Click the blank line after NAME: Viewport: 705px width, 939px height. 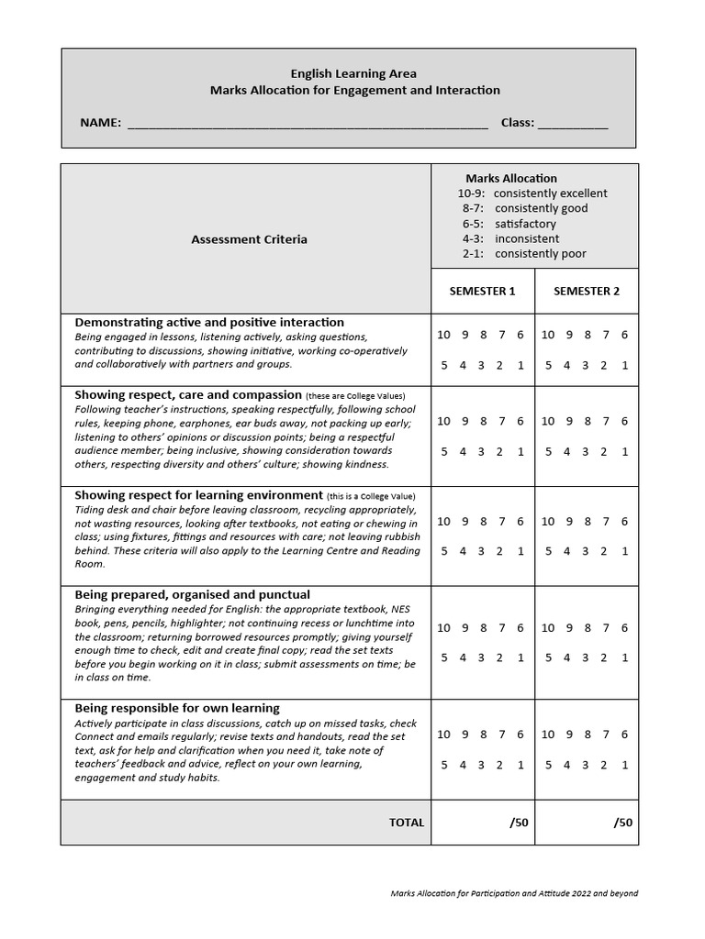point(308,124)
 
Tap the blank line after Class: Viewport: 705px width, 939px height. point(572,124)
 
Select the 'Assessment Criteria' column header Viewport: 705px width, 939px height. point(249,239)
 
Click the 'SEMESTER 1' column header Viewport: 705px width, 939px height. point(482,292)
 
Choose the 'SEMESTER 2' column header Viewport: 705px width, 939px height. point(586,292)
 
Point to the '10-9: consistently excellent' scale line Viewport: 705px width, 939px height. point(532,193)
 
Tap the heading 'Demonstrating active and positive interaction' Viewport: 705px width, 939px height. point(209,323)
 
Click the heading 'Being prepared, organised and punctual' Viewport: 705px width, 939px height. point(192,595)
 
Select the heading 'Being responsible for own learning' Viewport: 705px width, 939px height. point(177,709)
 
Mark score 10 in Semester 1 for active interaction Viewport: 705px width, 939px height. point(443,336)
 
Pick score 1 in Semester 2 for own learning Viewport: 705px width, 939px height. point(624,765)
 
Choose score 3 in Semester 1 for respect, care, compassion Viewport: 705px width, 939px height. point(482,452)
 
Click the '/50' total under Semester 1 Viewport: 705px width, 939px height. point(519,823)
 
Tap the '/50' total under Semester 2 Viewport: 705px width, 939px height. point(623,823)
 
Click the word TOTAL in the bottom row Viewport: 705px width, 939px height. point(407,823)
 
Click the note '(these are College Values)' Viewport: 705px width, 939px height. point(355,396)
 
